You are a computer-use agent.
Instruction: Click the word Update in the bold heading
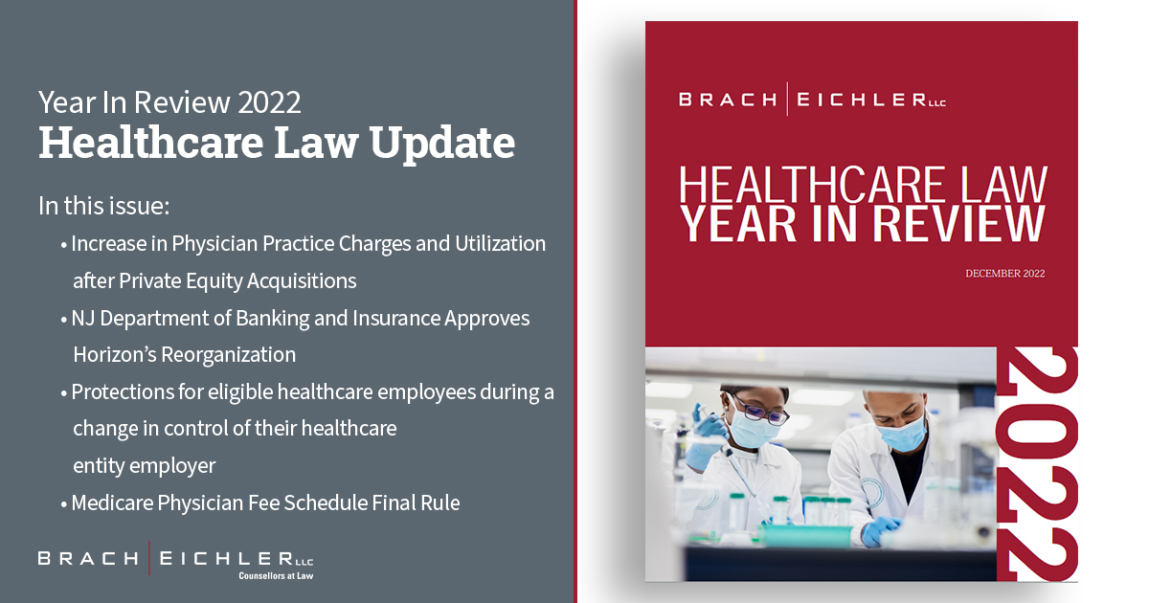point(441,145)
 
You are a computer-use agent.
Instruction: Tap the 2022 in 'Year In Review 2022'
point(269,102)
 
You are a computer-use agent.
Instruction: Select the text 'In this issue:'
point(103,206)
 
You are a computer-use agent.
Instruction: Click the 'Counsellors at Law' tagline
point(276,576)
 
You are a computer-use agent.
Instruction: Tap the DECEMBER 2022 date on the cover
point(1004,274)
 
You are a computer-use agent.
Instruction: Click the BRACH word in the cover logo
point(728,100)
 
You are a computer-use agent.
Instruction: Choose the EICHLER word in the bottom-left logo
point(227,558)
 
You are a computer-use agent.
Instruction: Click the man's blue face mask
point(903,434)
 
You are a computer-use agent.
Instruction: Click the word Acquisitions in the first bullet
point(302,281)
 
